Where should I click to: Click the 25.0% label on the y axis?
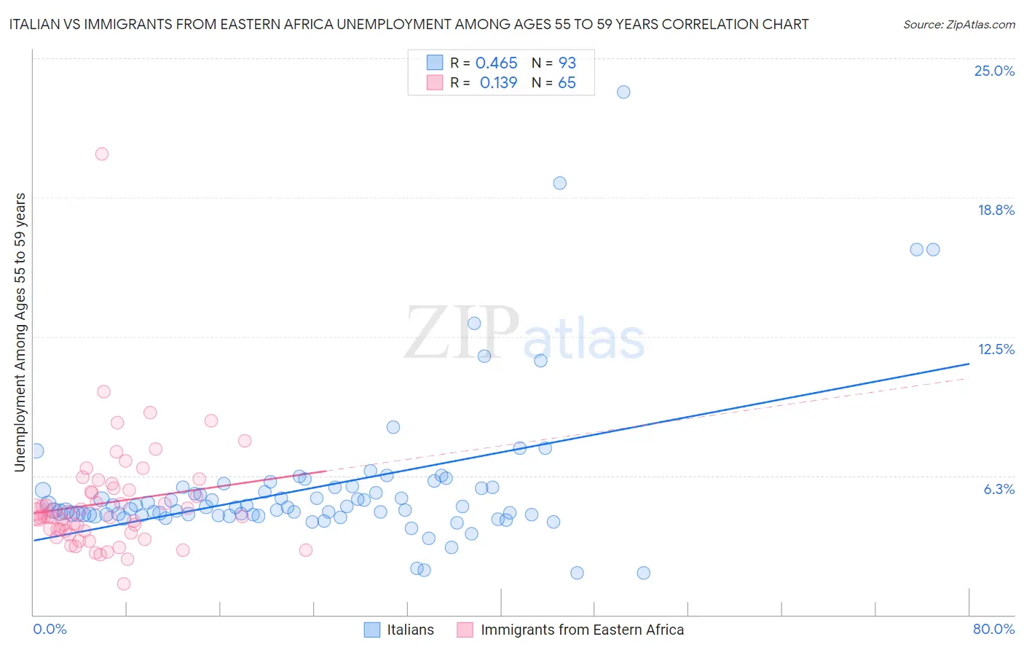tap(994, 71)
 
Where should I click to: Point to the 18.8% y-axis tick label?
tap(996, 210)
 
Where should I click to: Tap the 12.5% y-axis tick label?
tap(996, 349)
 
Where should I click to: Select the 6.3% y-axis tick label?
tap(999, 489)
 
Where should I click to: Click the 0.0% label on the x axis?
tap(50, 629)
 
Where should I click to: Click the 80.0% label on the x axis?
tap(993, 629)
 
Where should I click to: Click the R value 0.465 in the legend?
tap(496, 63)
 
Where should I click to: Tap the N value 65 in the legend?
tap(567, 83)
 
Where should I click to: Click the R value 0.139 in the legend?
tap(498, 83)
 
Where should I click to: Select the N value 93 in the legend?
tap(567, 63)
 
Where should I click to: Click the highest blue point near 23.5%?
tap(623, 92)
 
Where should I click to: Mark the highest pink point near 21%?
tap(102, 154)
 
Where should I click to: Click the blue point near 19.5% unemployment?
tap(559, 183)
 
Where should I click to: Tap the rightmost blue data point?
tap(933, 249)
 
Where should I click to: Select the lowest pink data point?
tap(124, 584)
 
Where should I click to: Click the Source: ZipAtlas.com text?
tap(958, 25)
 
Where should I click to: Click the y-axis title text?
tap(20, 332)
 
